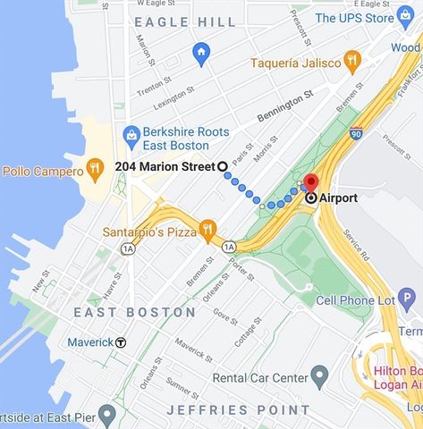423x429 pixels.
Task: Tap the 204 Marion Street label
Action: (165, 166)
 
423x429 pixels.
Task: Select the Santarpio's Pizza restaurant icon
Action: (208, 230)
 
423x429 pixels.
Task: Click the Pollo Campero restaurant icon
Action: (94, 169)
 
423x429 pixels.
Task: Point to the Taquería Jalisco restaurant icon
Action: (352, 62)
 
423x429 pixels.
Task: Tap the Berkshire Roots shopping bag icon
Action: (132, 136)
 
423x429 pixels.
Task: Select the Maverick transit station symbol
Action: (121, 341)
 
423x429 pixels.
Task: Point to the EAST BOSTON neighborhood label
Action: (135, 312)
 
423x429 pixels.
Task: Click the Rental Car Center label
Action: (260, 378)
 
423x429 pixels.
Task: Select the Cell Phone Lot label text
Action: (355, 300)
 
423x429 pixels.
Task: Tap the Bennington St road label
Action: (285, 105)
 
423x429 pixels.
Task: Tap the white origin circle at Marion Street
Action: (222, 166)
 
